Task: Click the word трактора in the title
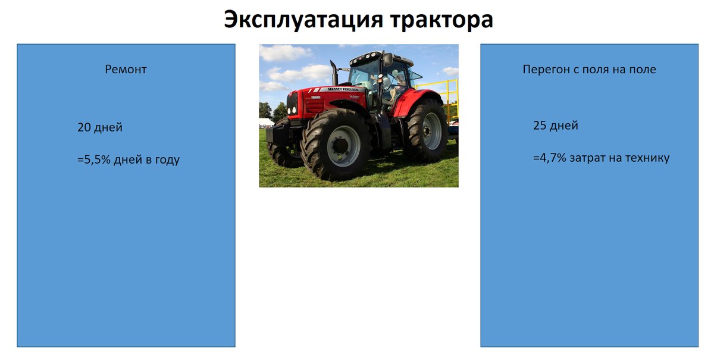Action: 441,20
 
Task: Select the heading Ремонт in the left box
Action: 126,70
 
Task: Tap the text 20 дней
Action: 100,127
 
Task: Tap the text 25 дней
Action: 555,126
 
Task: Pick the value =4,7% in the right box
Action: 549,158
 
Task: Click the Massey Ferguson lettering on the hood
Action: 347,89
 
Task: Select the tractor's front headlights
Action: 292,107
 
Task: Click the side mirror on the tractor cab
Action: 387,60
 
